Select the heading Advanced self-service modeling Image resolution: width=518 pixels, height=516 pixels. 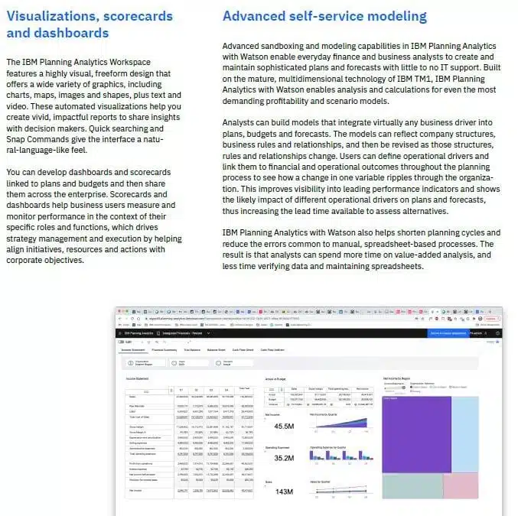click(324, 16)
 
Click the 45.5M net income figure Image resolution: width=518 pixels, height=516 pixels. click(284, 425)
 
